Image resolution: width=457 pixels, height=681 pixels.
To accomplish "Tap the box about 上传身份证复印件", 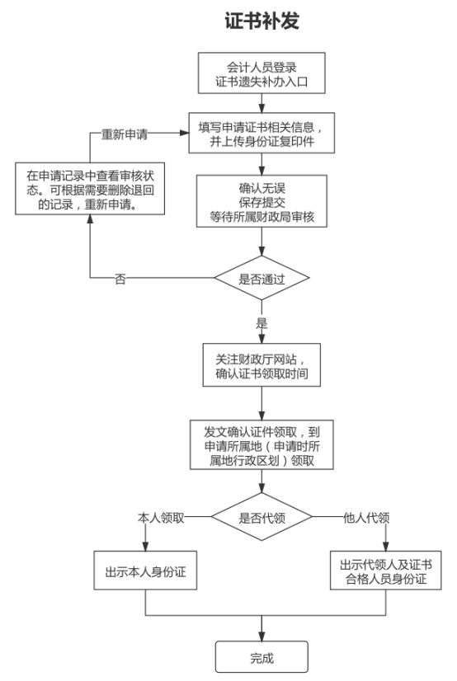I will (261, 135).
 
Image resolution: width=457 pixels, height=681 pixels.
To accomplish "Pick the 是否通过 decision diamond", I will (261, 279).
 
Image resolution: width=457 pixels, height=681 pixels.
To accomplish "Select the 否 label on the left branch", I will (120, 279).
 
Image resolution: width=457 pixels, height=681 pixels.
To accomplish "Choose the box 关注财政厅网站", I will (261, 364).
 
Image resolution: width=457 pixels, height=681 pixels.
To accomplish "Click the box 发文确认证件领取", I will (261, 446).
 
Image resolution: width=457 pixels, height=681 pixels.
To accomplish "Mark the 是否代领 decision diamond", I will (261, 519).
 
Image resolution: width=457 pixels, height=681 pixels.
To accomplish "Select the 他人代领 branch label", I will (363, 518).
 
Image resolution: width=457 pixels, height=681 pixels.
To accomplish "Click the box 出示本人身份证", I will (146, 574).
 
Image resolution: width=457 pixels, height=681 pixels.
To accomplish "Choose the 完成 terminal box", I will (261, 657).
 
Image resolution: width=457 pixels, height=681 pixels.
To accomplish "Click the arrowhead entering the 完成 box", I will (261, 636).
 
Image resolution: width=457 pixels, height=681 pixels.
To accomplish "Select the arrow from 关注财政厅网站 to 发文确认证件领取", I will (261, 404).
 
